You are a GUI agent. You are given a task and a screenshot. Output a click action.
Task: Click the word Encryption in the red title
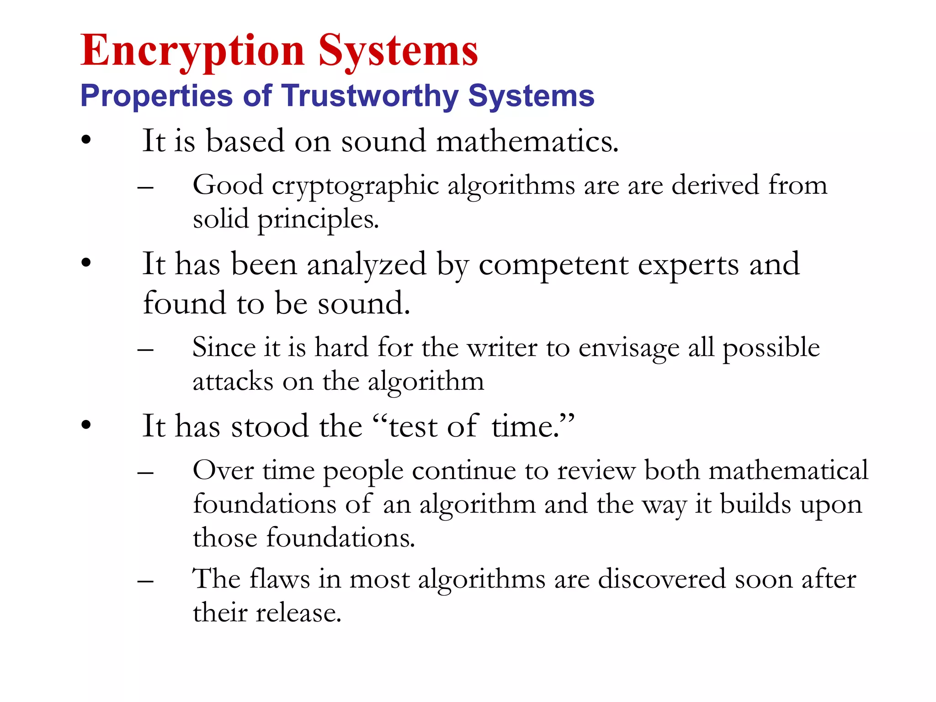[192, 51]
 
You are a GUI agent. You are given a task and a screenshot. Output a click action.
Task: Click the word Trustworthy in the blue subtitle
[370, 96]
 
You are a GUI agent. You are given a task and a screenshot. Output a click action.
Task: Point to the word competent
[553, 265]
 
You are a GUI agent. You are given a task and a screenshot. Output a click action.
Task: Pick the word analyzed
[366, 266]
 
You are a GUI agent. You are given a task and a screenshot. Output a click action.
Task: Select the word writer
[501, 348]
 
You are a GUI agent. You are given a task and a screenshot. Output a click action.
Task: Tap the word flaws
[280, 580]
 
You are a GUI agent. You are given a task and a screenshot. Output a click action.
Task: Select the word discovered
[661, 580]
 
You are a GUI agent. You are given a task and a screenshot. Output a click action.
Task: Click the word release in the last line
[298, 613]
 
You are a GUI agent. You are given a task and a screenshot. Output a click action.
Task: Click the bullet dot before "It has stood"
[86, 425]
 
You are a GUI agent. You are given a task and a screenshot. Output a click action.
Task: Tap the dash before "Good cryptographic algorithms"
[145, 188]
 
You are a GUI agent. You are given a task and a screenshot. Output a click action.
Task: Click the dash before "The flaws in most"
[145, 581]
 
